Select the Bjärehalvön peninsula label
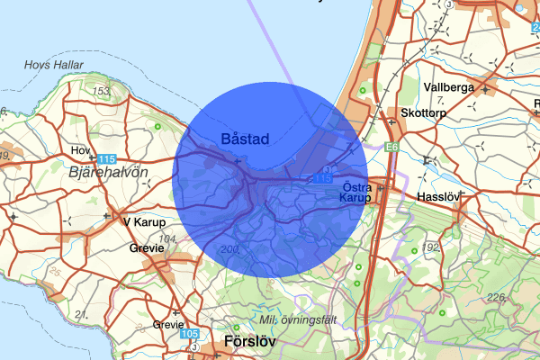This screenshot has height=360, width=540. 108,172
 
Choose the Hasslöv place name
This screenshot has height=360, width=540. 439,195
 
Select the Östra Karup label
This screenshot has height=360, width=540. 358,193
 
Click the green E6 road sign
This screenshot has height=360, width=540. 391,145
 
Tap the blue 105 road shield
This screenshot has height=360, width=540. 189,334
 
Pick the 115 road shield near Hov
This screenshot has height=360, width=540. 106,158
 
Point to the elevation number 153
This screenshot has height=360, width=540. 101,91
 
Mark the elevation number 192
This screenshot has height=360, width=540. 433,246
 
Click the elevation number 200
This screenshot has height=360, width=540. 229,248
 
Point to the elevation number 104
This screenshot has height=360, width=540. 166,239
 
